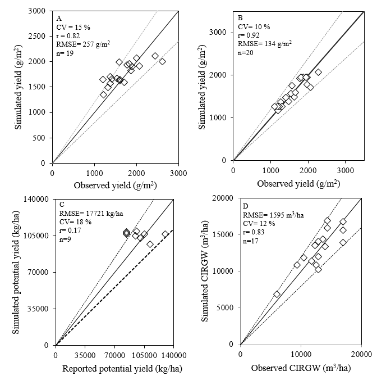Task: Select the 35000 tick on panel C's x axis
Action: tap(85, 355)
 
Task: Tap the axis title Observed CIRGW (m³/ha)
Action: tap(300, 368)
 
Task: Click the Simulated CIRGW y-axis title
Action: tap(207, 271)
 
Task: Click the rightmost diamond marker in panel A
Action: tap(162, 61)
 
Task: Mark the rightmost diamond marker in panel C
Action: tap(165, 234)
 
